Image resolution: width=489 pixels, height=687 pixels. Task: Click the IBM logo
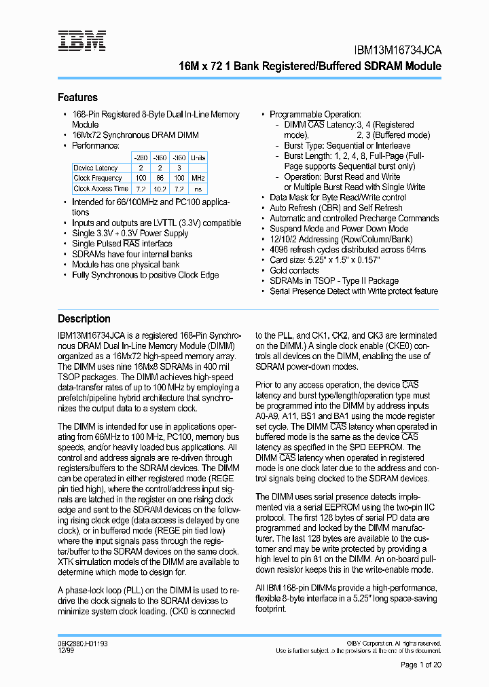pos(81,41)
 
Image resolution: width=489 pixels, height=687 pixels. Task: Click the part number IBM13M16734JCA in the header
pos(398,50)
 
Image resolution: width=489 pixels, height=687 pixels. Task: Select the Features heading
pos(77,98)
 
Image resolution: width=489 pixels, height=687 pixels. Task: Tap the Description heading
pos(84,318)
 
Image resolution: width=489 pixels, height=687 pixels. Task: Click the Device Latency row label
pos(96,168)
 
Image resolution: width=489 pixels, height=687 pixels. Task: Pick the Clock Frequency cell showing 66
pos(160,178)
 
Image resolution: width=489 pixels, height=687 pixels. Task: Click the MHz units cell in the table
pos(198,178)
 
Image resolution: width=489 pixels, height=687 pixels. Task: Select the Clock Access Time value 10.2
pos(160,189)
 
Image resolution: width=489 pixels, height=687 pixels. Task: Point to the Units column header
pos(198,157)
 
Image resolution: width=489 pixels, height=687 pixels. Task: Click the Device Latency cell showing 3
pos(179,168)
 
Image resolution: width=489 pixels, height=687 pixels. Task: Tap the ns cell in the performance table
pos(198,189)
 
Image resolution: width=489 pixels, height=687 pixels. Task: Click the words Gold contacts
pos(294,270)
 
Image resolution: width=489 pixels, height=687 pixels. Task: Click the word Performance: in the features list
pos(96,145)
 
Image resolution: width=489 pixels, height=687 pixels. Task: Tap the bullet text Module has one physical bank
pos(126,265)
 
